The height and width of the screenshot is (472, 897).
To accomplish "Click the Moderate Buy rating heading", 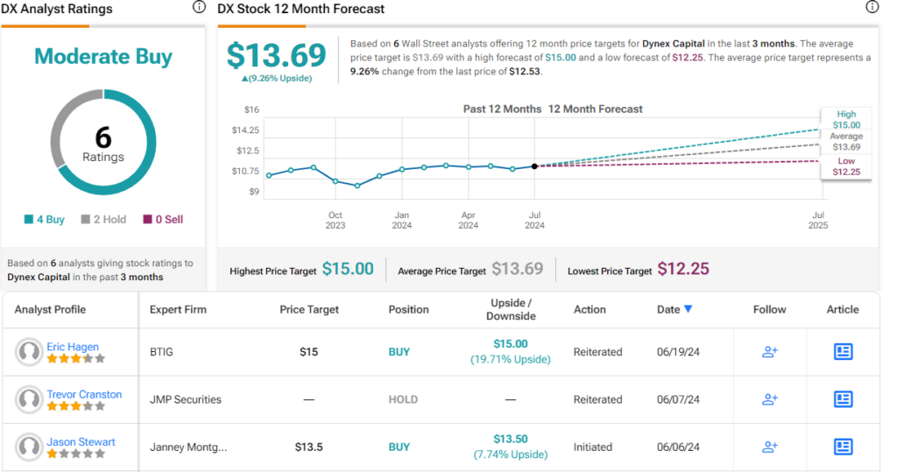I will coord(103,57).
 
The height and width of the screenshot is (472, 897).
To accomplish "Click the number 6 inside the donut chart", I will coord(103,137).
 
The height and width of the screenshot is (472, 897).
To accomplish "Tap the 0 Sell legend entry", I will coord(163,220).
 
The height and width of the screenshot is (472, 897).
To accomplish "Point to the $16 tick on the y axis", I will coord(251,109).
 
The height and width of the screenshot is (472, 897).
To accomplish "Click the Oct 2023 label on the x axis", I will coord(335,220).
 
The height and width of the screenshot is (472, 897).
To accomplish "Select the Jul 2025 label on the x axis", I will coord(819,220).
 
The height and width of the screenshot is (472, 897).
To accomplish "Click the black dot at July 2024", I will coord(534,166).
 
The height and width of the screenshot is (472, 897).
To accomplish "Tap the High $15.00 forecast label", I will coord(846,120).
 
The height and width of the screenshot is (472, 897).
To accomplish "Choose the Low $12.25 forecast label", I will coord(846,166).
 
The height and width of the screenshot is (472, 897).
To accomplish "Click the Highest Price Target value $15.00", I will coord(348,270).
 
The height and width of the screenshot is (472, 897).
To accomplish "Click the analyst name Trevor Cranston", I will coord(84,394).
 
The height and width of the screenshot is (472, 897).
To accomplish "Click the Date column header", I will coord(674,309).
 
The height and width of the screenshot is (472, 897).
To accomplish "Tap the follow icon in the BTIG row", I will coord(769,352).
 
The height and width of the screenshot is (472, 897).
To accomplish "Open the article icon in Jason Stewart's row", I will coord(843,447).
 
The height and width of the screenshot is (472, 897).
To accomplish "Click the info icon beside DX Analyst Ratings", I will coord(198,7).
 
